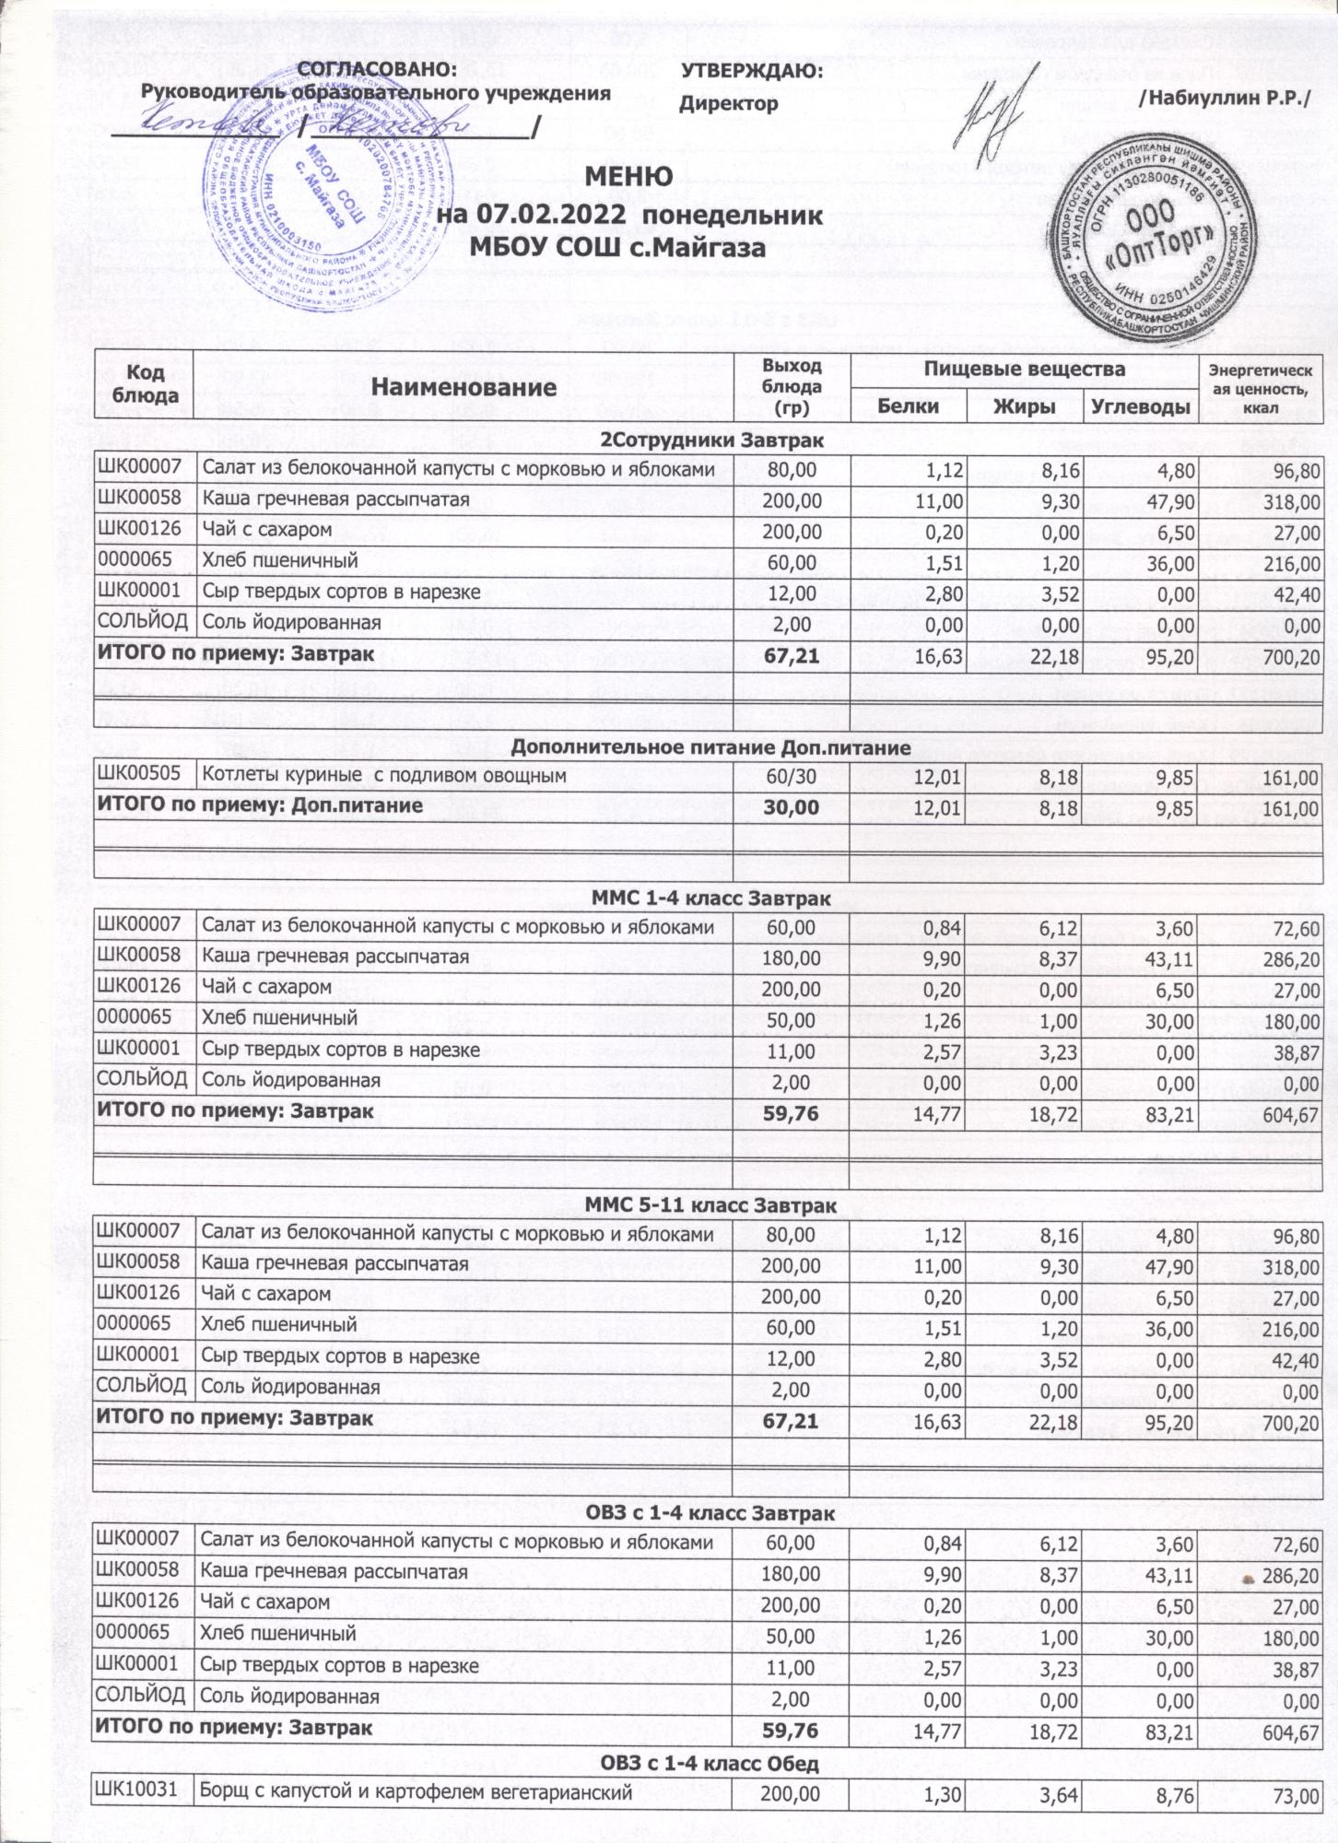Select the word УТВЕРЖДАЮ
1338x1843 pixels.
click(751, 71)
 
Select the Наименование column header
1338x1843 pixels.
click(465, 387)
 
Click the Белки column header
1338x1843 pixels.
click(908, 406)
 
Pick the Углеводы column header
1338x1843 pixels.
click(1141, 406)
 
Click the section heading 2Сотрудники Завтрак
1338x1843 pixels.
click(711, 440)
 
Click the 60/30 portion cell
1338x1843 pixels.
click(791, 777)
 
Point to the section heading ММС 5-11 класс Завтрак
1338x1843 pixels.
click(710, 1206)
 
